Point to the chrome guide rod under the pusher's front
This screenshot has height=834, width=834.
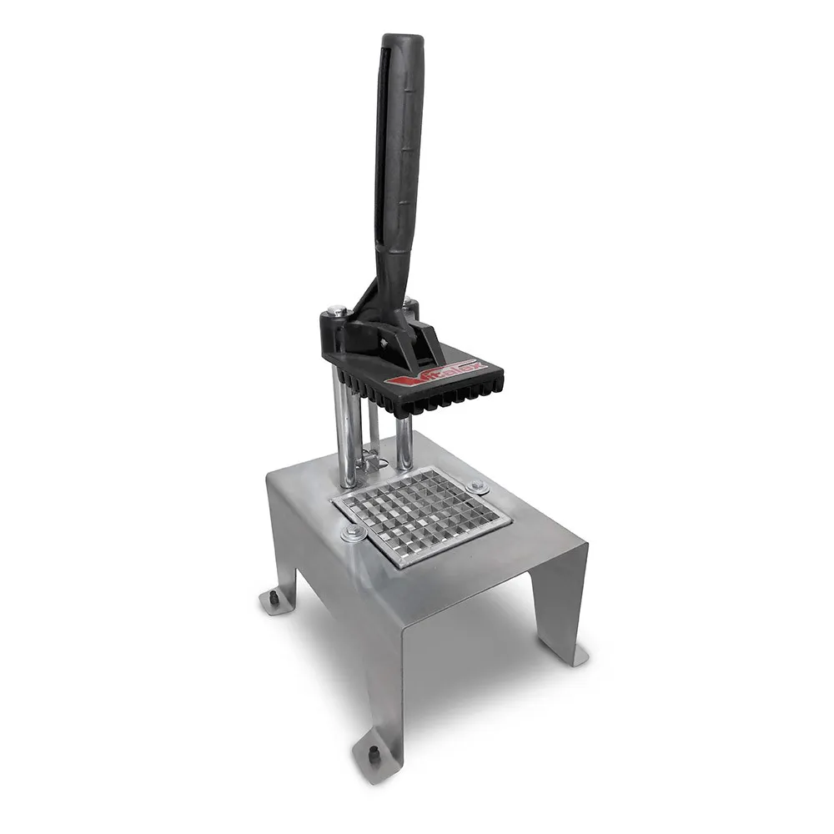tap(404, 442)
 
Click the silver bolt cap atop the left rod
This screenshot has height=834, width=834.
tap(335, 311)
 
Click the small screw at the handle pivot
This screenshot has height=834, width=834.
tap(384, 342)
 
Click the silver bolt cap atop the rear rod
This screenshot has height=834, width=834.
tap(409, 302)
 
